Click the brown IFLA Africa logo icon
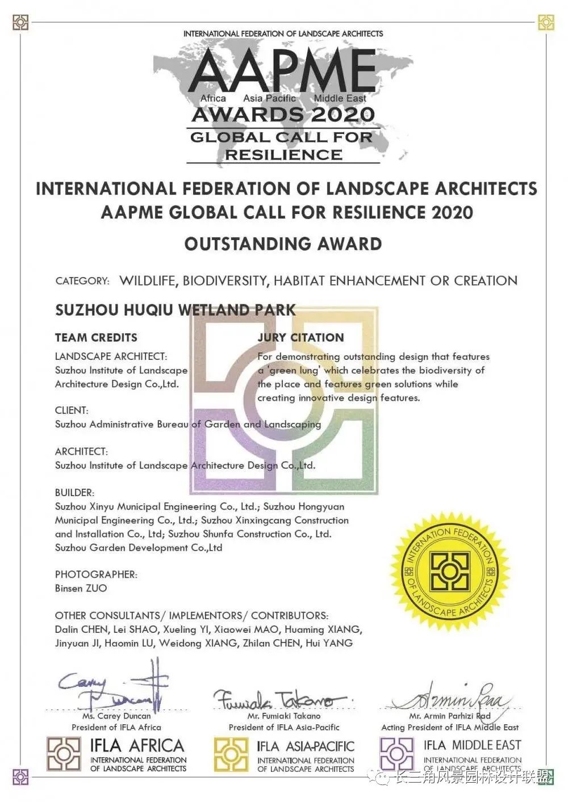pyautogui.click(x=64, y=754)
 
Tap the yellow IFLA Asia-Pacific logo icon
pyautogui.click(x=231, y=754)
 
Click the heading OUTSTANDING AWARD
pyautogui.click(x=283, y=244)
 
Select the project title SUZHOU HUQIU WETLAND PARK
pyautogui.click(x=176, y=310)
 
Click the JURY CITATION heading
pyautogui.click(x=300, y=338)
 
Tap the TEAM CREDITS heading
pyautogui.click(x=96, y=338)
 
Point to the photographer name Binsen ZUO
pyautogui.click(x=81, y=589)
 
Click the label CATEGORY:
pyautogui.click(x=82, y=281)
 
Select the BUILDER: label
pyautogui.click(x=74, y=493)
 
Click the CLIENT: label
pyautogui.click(x=72, y=410)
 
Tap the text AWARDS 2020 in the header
pyautogui.click(x=283, y=115)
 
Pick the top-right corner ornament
pyautogui.click(x=546, y=22)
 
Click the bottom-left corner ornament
pyautogui.click(x=20, y=776)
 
